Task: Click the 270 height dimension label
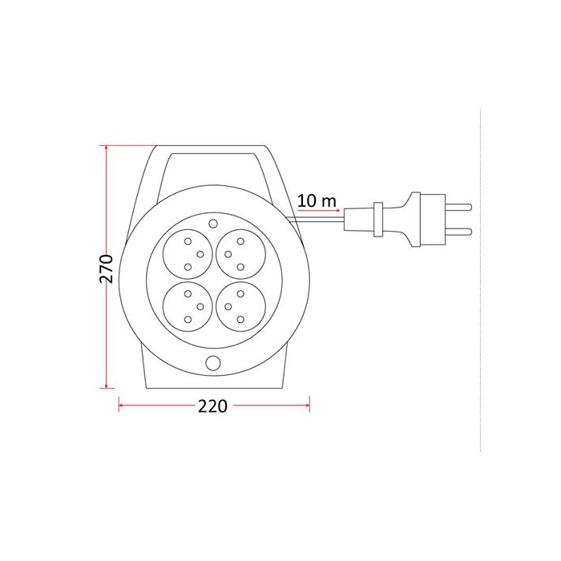click(x=106, y=268)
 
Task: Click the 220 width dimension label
click(x=212, y=406)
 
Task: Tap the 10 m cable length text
click(x=317, y=200)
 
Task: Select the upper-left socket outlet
click(x=188, y=254)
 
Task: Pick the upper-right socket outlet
click(x=240, y=254)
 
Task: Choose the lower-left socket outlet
click(x=188, y=307)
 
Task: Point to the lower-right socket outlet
click(x=240, y=307)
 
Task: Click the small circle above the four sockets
click(x=213, y=224)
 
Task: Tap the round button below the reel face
click(x=213, y=363)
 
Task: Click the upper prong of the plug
click(x=458, y=207)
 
